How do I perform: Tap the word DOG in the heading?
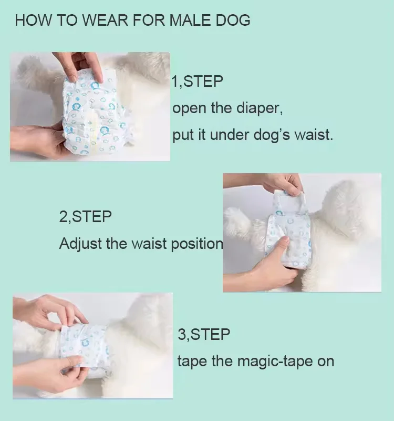(231, 21)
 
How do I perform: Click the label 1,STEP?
(198, 82)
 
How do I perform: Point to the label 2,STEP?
(86, 217)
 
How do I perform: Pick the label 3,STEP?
(204, 334)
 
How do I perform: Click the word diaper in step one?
(258, 108)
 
